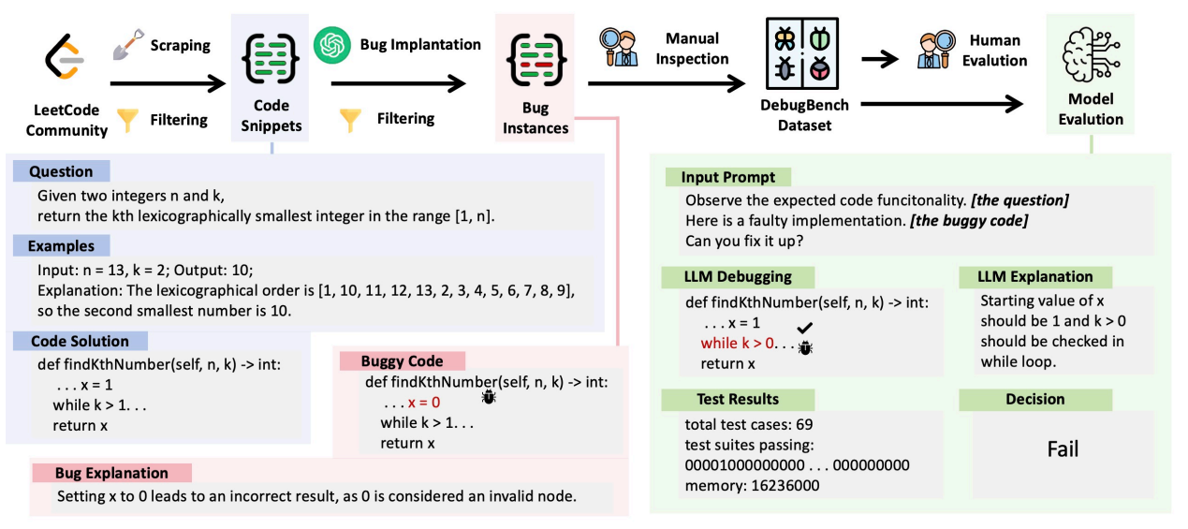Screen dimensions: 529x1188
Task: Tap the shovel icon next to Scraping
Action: pyautogui.click(x=126, y=44)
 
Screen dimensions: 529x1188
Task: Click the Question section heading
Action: pyautogui.click(x=61, y=171)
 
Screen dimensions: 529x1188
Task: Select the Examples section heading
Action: pyautogui.click(x=61, y=246)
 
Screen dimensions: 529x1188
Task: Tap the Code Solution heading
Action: pyautogui.click(x=80, y=342)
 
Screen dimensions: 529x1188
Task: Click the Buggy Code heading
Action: pyautogui.click(x=403, y=360)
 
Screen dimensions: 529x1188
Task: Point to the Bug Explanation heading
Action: pyautogui.click(x=111, y=473)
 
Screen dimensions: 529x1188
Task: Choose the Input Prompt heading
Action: pyautogui.click(x=727, y=177)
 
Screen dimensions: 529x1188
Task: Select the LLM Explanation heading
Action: pyautogui.click(x=1034, y=276)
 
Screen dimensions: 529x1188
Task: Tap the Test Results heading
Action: pyautogui.click(x=737, y=399)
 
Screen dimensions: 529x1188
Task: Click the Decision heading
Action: pyautogui.click(x=1034, y=399)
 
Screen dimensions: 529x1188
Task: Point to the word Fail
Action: pyautogui.click(x=1063, y=449)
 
